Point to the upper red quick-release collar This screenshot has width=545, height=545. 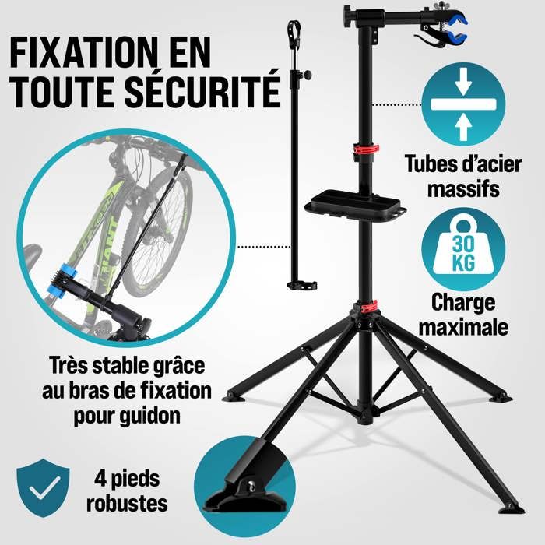point(366,149)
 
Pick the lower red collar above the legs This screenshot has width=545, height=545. point(367,305)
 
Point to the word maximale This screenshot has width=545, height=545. point(463,325)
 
